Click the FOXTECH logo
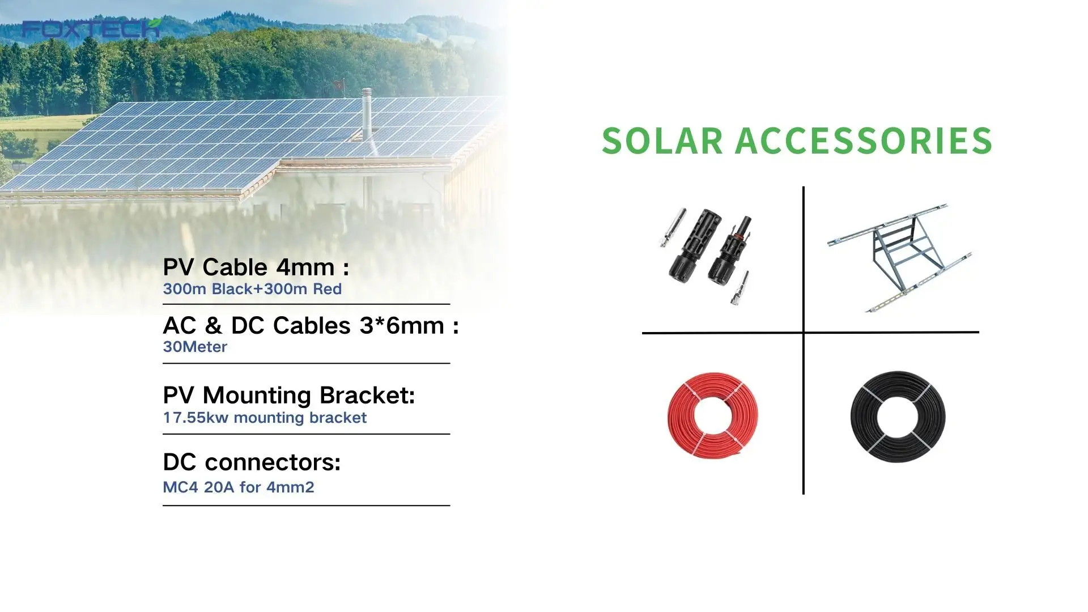click(91, 28)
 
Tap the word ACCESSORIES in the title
click(864, 141)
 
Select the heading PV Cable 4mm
click(256, 267)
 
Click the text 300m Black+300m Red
click(252, 289)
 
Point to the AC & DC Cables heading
click(311, 325)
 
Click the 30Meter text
click(195, 347)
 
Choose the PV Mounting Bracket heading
click(289, 396)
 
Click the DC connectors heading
click(252, 462)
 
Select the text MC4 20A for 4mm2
click(239, 487)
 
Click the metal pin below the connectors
click(740, 289)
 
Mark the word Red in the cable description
click(328, 289)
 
